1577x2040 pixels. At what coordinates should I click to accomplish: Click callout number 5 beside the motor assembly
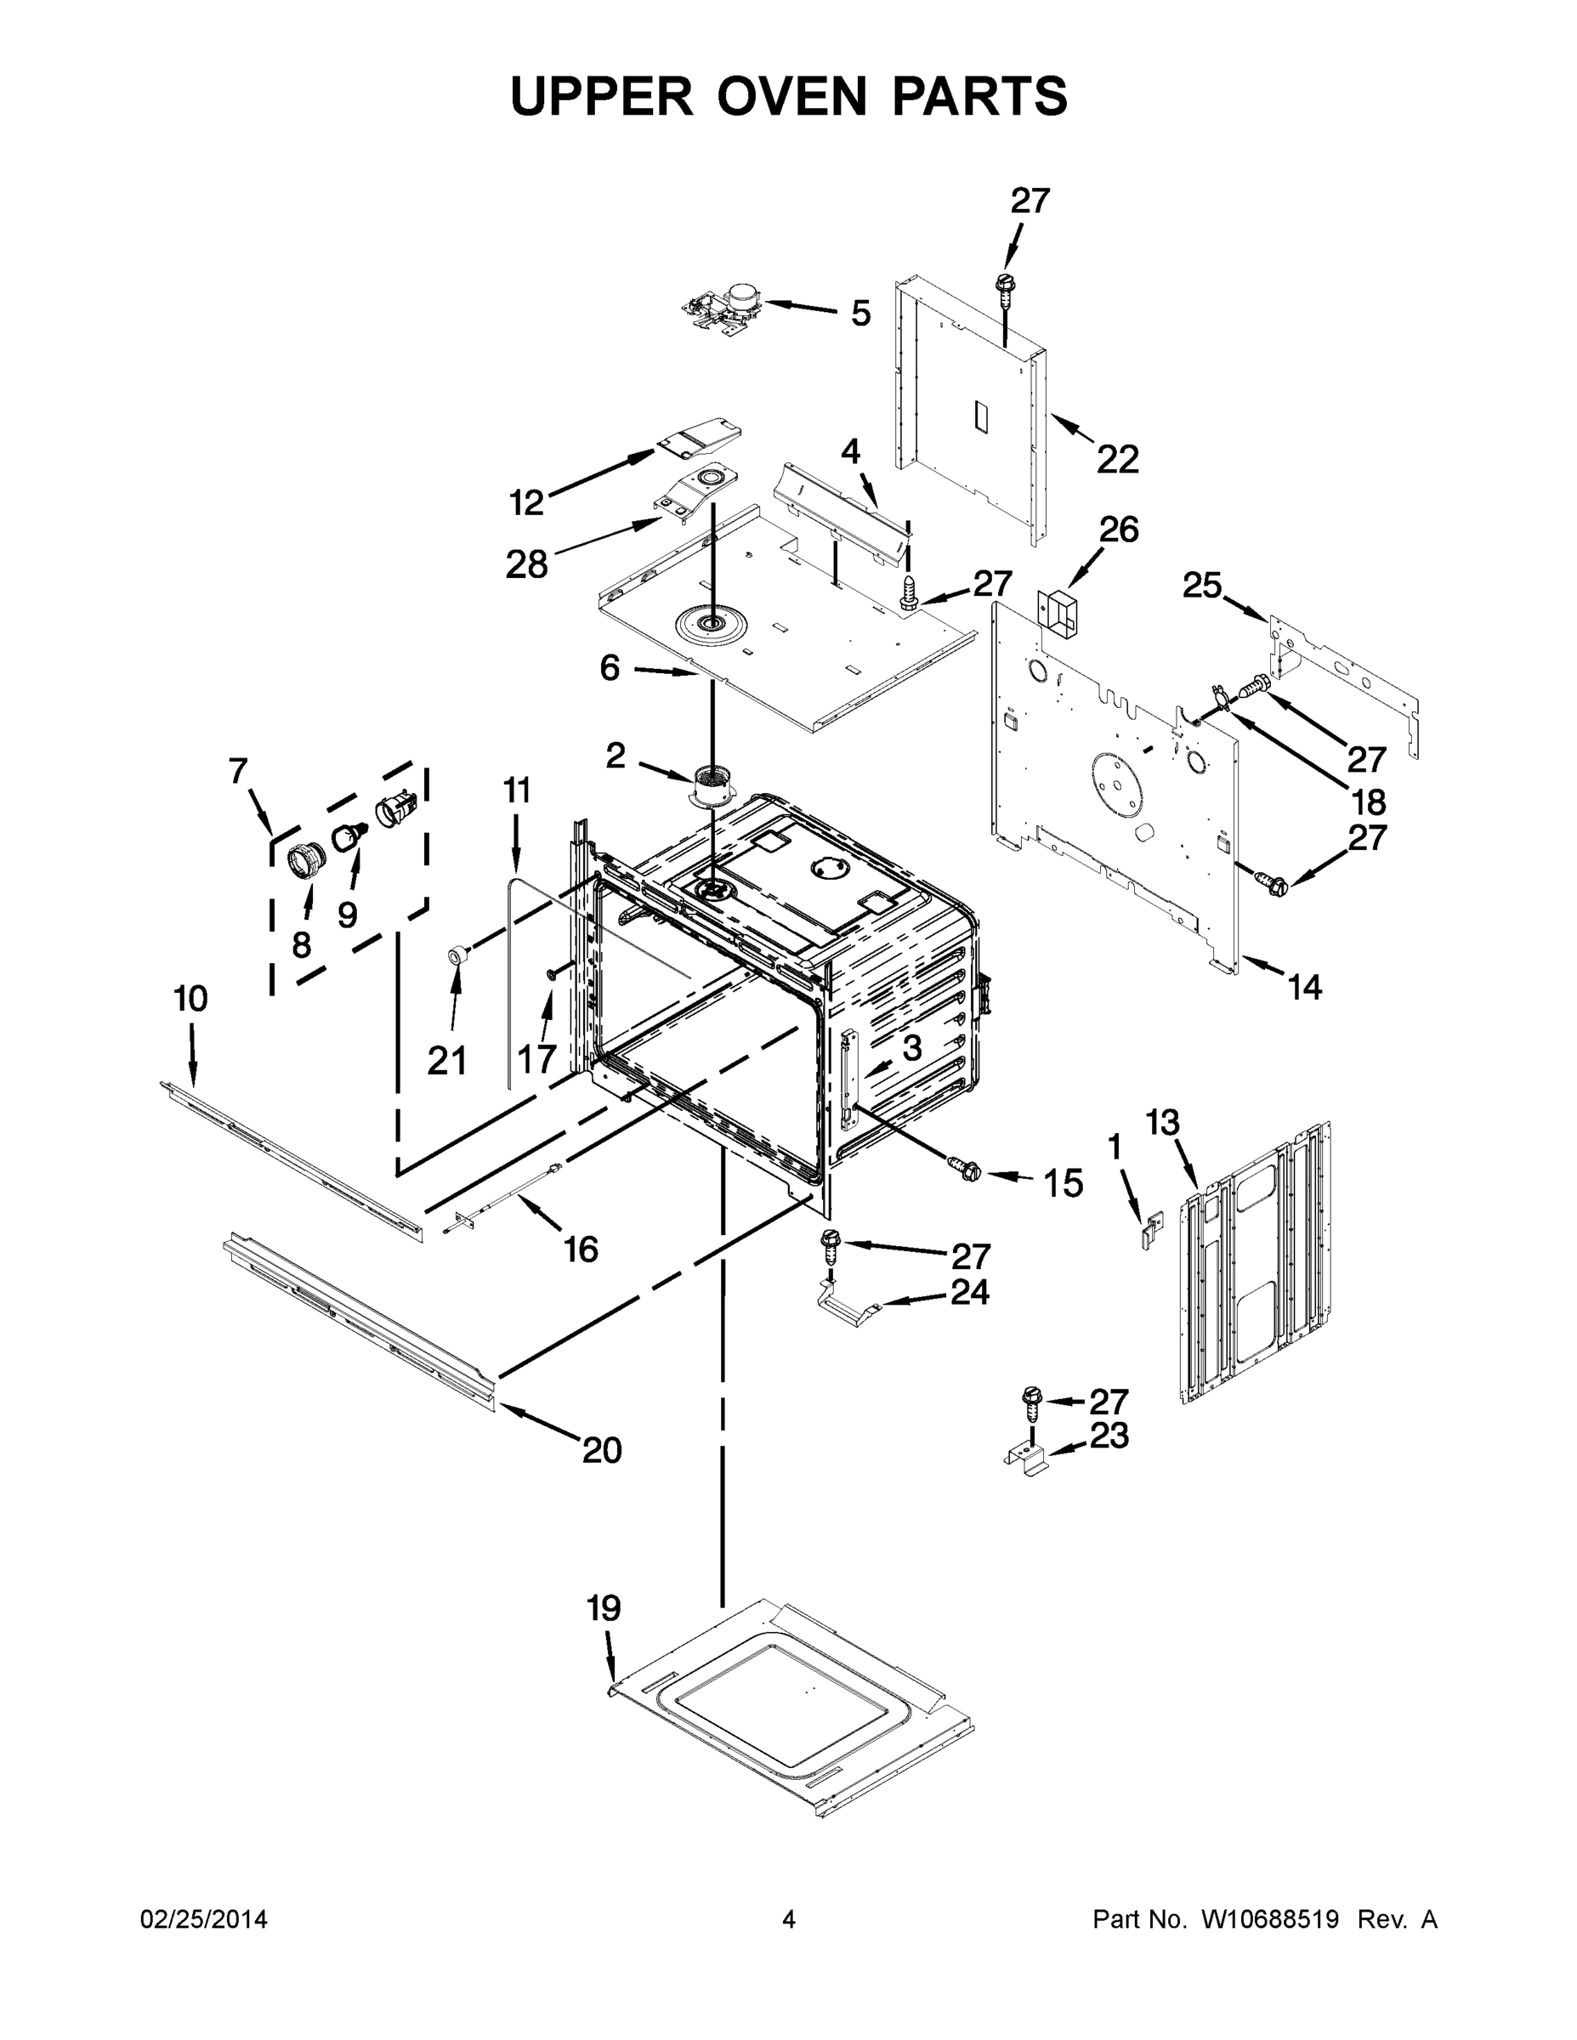point(860,314)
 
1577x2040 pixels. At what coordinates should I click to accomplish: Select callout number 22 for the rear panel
point(1117,460)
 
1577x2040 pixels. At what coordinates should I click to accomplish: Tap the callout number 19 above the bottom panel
point(604,1608)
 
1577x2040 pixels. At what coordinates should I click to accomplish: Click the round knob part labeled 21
point(457,954)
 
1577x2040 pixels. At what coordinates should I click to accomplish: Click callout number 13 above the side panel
point(1162,1123)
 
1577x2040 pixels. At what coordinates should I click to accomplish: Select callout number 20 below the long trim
point(602,1449)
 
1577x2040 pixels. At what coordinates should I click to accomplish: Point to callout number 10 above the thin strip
point(190,1000)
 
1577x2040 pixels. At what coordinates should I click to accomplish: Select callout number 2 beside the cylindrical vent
point(615,756)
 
